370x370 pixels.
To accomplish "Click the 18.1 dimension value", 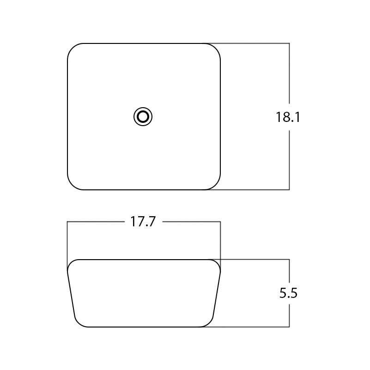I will point(288,117).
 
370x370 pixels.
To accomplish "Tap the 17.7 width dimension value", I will point(143,222).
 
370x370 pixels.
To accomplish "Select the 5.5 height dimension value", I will point(288,293).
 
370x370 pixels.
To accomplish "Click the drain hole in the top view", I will point(143,117).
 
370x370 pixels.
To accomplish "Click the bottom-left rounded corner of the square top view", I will point(73,184).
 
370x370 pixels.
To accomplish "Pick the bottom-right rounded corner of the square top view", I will point(215,184).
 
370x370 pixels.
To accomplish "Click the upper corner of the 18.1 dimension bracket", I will point(289,43).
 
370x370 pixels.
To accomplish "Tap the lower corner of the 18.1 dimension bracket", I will point(289,189).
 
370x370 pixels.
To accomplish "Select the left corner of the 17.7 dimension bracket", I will point(67,222).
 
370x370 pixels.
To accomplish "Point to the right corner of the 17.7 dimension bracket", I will point(220,222).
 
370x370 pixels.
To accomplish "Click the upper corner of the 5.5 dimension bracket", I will point(289,260).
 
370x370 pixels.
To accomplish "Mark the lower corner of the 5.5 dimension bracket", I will point(289,327).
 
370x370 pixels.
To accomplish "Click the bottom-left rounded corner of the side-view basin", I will point(78,323).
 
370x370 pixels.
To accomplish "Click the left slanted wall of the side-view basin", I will point(71,293).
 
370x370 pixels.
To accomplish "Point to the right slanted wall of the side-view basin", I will point(217,293).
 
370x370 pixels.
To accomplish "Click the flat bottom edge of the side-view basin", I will point(144,327).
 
